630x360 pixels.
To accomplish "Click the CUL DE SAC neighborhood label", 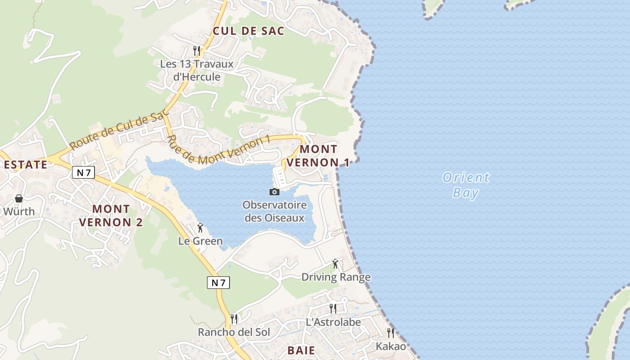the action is pyautogui.click(x=248, y=31).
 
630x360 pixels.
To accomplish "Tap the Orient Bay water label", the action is pyautogui.click(x=466, y=185).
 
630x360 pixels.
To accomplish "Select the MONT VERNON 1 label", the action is pyautogui.click(x=318, y=156).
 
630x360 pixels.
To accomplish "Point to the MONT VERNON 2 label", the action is pyautogui.click(x=111, y=216).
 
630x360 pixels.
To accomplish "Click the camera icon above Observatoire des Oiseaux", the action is pyautogui.click(x=274, y=192).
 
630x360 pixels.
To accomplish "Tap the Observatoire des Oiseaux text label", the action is pyautogui.click(x=274, y=211).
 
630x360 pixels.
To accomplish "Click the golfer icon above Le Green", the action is pyautogui.click(x=200, y=228).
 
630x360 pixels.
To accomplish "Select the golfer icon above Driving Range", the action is pyautogui.click(x=335, y=264).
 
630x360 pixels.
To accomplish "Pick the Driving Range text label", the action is pyautogui.click(x=336, y=277).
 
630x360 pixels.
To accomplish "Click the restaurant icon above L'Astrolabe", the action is pyautogui.click(x=333, y=308).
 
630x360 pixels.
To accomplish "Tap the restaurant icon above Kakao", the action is pyautogui.click(x=391, y=333).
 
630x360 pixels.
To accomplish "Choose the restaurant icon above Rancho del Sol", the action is pyautogui.click(x=234, y=319).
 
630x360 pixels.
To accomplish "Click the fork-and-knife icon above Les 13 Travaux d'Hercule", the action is pyautogui.click(x=197, y=50).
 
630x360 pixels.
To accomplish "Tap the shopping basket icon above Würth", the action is pyautogui.click(x=19, y=198).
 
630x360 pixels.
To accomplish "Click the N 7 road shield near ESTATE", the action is pyautogui.click(x=83, y=172).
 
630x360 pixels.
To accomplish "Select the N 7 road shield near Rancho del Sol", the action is pyautogui.click(x=219, y=283).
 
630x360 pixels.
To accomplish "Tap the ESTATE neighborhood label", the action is pyautogui.click(x=26, y=165).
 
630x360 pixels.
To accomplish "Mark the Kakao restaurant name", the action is pyautogui.click(x=391, y=346).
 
